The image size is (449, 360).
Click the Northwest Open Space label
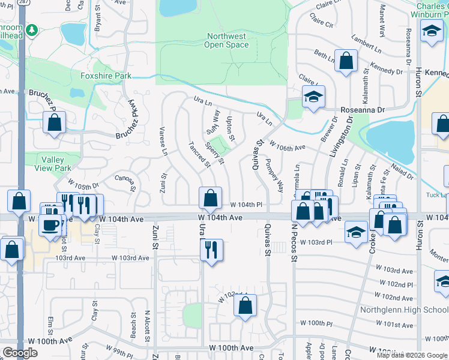(x=226, y=40)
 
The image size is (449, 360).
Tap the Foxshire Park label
(x=106, y=76)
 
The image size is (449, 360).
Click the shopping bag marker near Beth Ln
(x=346, y=60)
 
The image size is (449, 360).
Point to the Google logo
(x=20, y=353)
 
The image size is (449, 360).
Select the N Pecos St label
(x=294, y=242)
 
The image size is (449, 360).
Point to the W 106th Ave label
(x=288, y=146)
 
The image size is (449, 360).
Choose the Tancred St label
(x=199, y=155)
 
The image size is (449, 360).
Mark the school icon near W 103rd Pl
(x=357, y=232)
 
